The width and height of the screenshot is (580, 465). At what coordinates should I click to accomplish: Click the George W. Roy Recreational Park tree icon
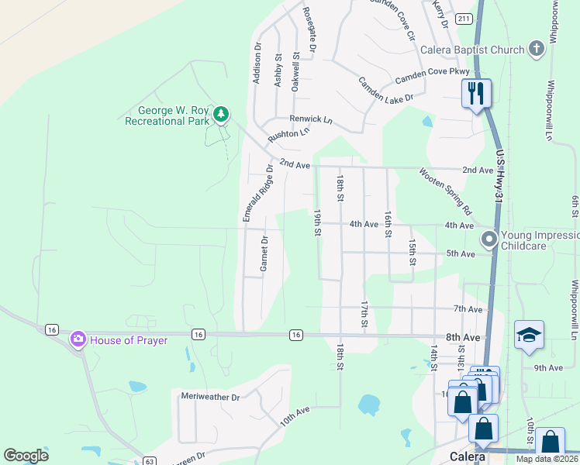click(x=221, y=115)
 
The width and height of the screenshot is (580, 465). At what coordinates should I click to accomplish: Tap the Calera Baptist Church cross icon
click(x=536, y=50)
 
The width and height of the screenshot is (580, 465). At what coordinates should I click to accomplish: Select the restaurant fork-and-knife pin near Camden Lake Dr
click(x=475, y=94)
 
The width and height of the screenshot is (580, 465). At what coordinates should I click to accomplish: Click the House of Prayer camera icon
click(x=78, y=339)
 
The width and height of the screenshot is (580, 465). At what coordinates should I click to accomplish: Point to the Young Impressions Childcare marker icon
click(x=489, y=239)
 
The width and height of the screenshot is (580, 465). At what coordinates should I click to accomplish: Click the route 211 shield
click(x=464, y=19)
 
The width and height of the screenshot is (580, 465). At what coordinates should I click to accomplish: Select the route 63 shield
click(x=150, y=461)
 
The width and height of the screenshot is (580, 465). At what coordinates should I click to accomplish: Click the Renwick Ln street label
click(x=310, y=120)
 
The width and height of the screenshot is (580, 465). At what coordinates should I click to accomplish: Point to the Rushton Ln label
click(x=288, y=134)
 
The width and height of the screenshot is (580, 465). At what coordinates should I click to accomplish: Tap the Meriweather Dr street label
click(x=210, y=396)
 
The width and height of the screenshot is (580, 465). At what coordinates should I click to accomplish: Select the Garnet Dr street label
click(x=264, y=255)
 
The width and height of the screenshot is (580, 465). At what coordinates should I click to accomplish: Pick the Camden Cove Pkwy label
click(x=427, y=78)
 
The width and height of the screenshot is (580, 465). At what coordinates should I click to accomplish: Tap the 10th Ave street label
click(x=295, y=415)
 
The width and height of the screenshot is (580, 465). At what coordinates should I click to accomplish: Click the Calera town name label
click(x=468, y=456)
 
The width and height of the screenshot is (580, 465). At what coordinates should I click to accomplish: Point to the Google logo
click(x=26, y=456)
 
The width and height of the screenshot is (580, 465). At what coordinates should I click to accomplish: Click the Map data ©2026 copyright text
click(x=547, y=459)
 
